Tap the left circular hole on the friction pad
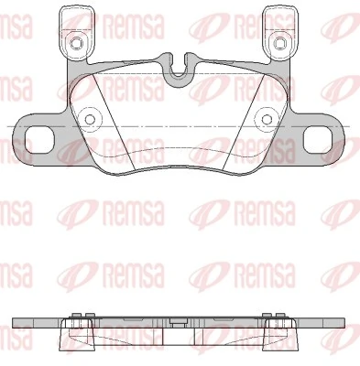89,117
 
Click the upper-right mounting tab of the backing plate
280,32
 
